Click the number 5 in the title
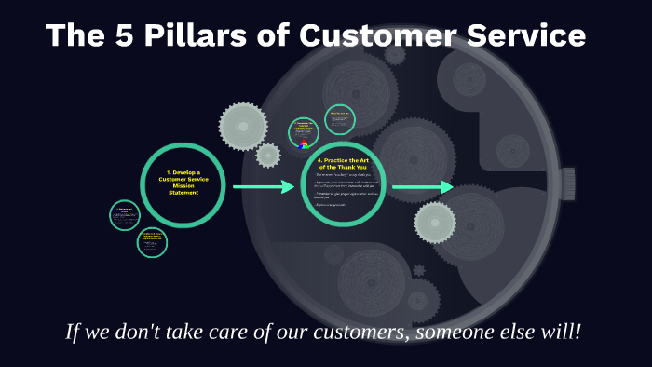pyautogui.click(x=122, y=35)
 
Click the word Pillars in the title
pyautogui.click(x=184, y=35)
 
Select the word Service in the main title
pyautogui.click(x=521, y=35)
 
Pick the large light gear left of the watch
pyautogui.click(x=243, y=126)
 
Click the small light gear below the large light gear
pyautogui.click(x=268, y=156)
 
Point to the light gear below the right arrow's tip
pyautogui.click(x=434, y=222)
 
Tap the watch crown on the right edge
pyautogui.click(x=567, y=183)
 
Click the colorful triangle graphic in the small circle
pyautogui.click(x=303, y=143)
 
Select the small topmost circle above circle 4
pyautogui.click(x=340, y=120)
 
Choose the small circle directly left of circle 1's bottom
pyautogui.click(x=125, y=215)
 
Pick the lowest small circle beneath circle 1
pyautogui.click(x=152, y=243)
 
